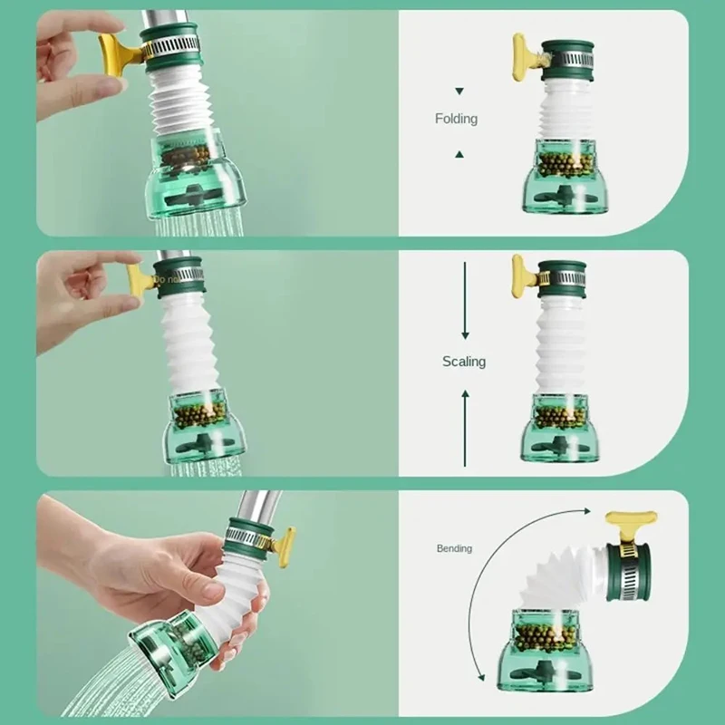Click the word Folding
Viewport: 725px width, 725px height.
point(456,119)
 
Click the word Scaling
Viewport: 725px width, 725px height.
point(464,362)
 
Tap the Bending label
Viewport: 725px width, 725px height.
point(454,548)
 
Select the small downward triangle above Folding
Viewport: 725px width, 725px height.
point(459,92)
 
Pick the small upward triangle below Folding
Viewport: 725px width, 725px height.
point(459,155)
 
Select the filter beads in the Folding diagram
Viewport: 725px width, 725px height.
point(563,164)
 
